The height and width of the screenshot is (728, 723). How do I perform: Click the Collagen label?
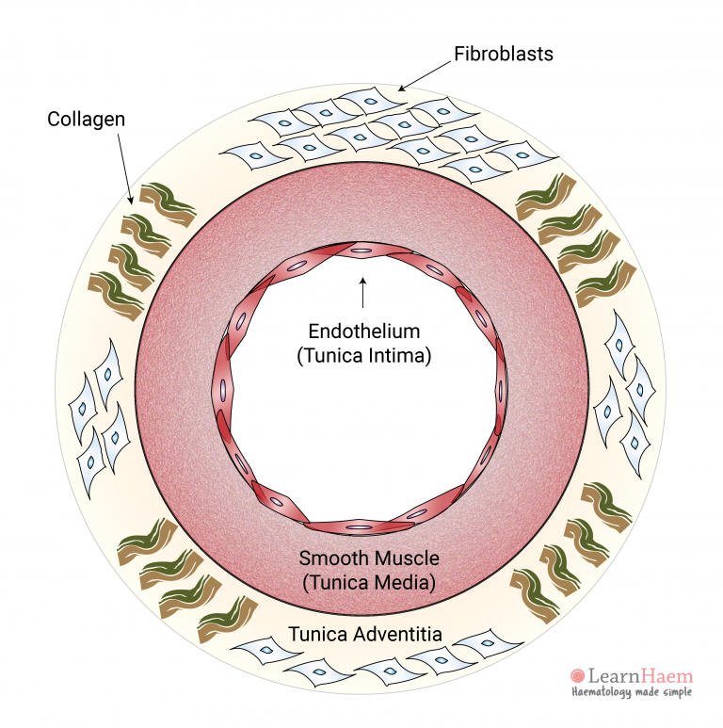point(88,120)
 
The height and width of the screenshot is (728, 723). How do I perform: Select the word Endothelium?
point(363,332)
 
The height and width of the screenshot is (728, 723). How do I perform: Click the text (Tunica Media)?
point(369,583)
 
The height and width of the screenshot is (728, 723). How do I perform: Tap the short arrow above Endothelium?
point(362,293)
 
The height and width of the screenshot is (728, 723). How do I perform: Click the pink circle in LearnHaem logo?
point(577,675)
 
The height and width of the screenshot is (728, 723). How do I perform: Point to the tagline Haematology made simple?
point(632,693)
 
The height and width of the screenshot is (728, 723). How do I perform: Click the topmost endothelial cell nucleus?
point(361,251)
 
